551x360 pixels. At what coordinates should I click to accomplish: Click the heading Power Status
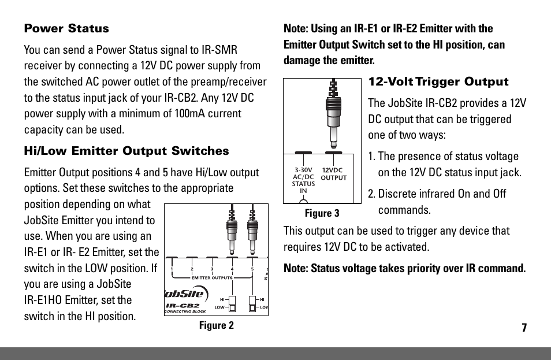tap(66, 29)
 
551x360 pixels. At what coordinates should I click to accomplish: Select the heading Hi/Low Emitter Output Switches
tap(126, 151)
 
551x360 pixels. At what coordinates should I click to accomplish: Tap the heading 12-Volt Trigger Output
tap(438, 81)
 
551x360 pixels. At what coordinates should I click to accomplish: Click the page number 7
tap(524, 328)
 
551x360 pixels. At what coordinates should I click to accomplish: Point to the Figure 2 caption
tap(216, 325)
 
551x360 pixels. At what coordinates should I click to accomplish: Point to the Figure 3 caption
tap(322, 213)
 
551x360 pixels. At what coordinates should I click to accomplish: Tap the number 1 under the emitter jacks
tap(172, 269)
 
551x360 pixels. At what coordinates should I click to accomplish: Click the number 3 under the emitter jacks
tap(212, 269)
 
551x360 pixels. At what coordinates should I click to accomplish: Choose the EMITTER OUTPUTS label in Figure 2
tap(211, 278)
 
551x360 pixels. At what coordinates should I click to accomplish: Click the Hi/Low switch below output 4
tap(232, 303)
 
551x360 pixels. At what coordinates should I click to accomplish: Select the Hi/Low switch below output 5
tap(252, 303)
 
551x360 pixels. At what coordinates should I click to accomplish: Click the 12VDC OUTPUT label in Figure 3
tap(333, 174)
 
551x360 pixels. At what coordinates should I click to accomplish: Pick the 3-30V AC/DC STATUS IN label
tap(303, 180)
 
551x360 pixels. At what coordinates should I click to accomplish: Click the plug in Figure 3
tap(332, 116)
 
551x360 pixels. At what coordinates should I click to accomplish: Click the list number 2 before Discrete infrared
tap(372, 194)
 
